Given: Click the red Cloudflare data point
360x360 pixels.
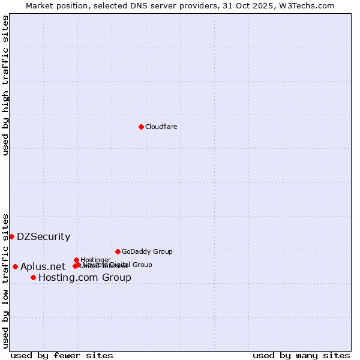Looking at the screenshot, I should coord(141,127).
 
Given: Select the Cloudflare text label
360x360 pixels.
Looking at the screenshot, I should coord(161,127).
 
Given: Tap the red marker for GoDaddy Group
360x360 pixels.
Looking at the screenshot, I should coord(118,251).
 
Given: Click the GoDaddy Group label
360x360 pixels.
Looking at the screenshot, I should coord(147,251).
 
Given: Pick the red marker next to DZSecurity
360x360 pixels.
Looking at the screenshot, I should coord(11,236).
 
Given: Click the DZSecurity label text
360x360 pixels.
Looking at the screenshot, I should coord(43,237).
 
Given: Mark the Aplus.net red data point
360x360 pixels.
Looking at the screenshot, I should coord(15,266).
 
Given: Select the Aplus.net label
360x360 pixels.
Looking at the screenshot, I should coord(43,267).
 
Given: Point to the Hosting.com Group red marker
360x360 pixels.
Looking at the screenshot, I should coord(33,277).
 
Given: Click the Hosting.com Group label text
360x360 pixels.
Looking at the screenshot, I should coord(85,278).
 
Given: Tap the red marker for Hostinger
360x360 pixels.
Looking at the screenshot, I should coord(76,260).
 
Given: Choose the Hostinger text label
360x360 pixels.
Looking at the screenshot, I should coord(95,260).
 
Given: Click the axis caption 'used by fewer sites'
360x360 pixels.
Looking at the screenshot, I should coord(62,355).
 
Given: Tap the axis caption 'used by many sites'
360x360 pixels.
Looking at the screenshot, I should coord(301,355).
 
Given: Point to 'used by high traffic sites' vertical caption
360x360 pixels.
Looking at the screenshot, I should coord(6,85).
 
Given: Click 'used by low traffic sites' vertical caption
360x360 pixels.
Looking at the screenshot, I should coord(6,280).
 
